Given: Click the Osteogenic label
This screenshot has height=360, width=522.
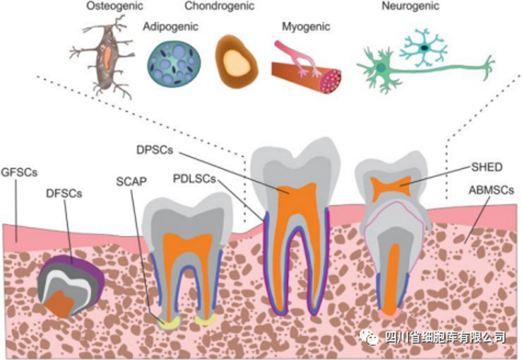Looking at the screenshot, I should (x=109, y=7).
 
